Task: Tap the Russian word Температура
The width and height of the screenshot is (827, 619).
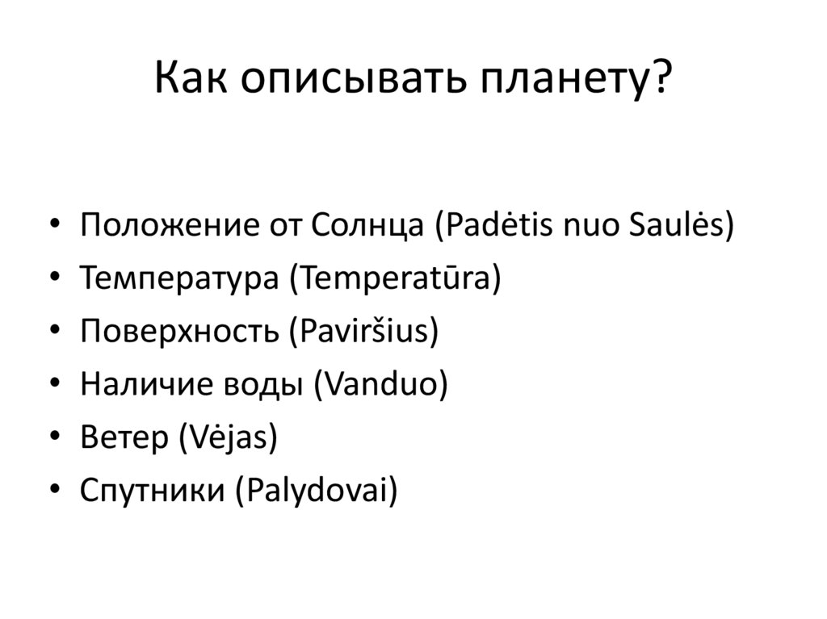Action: tap(178, 278)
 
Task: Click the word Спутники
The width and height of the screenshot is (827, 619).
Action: tap(152, 491)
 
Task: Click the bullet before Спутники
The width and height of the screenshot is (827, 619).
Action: tap(53, 491)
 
